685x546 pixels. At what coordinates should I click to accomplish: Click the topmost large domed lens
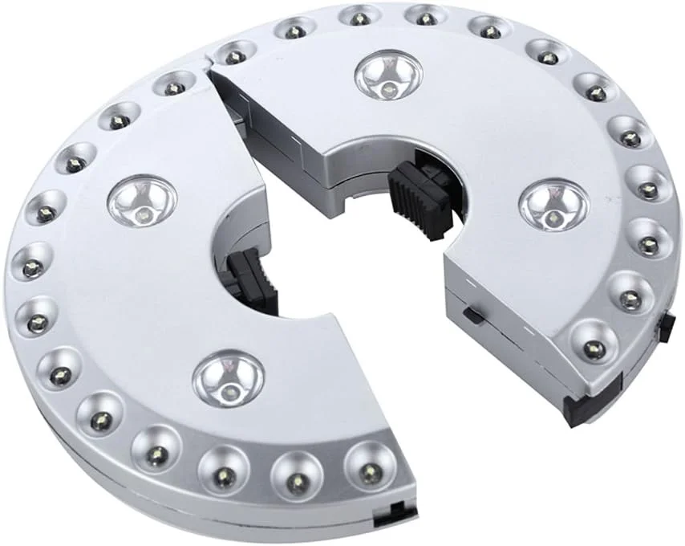[x=387, y=74]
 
